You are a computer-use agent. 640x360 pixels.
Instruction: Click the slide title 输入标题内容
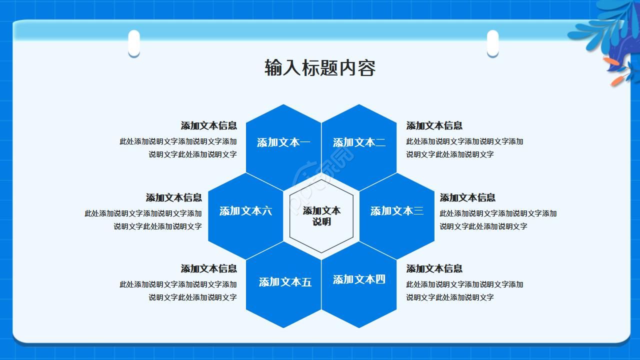320,68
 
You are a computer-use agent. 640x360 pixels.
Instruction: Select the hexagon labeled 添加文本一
283,142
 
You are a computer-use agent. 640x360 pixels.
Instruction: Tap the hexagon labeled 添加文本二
359,142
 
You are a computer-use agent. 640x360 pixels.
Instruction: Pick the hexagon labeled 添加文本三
396,211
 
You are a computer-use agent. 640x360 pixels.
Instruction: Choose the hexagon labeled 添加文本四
359,280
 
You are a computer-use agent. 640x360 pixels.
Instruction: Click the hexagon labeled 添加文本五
283,282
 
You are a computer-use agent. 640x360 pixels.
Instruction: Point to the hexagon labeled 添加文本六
245,211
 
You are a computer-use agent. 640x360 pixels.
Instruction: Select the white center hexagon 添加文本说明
321,216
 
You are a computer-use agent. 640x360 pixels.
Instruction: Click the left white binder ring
134,43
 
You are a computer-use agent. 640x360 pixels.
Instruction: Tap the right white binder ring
492,43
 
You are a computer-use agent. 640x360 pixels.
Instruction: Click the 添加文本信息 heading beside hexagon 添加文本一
208,125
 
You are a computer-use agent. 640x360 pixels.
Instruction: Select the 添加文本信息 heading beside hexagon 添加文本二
434,125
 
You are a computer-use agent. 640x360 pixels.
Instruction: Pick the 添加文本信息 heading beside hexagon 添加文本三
467,197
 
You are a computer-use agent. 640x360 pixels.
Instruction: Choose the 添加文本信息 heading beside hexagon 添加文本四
434,268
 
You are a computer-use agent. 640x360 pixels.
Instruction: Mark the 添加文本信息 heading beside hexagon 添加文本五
208,268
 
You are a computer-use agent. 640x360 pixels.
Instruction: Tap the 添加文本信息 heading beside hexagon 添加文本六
173,197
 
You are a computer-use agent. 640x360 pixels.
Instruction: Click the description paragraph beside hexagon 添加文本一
178,148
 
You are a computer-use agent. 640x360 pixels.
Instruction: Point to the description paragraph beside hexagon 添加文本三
498,220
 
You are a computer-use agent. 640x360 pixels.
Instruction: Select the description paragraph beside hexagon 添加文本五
178,291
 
